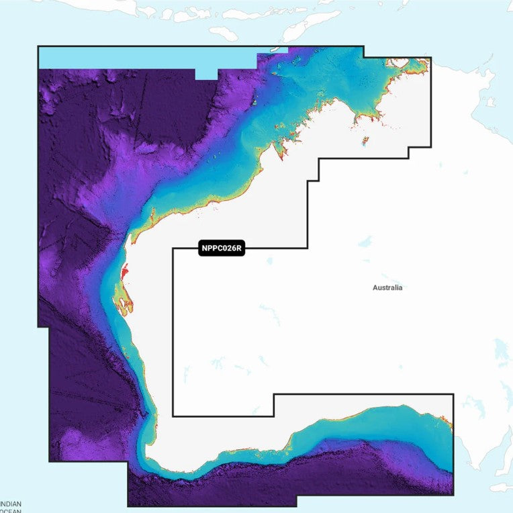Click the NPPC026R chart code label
[221, 248]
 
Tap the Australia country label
[387, 287]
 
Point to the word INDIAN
[11, 504]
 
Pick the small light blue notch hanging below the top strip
[206, 73]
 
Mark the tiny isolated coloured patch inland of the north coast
[365, 142]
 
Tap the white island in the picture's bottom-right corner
[500, 487]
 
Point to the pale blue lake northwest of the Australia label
[365, 240]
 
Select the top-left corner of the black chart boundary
[38, 46]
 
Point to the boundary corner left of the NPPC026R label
[173, 248]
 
